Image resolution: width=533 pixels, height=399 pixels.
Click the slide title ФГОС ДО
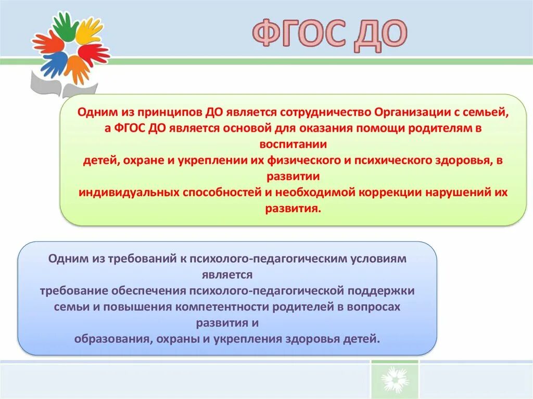pos(329,35)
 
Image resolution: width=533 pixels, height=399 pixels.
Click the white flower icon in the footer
pos(394,380)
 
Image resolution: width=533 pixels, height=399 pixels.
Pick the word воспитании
pos(292,144)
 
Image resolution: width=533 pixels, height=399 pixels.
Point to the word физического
pos(297,161)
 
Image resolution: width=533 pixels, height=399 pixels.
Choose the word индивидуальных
pos(129,192)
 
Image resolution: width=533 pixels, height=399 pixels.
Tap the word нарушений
pos(459,192)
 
